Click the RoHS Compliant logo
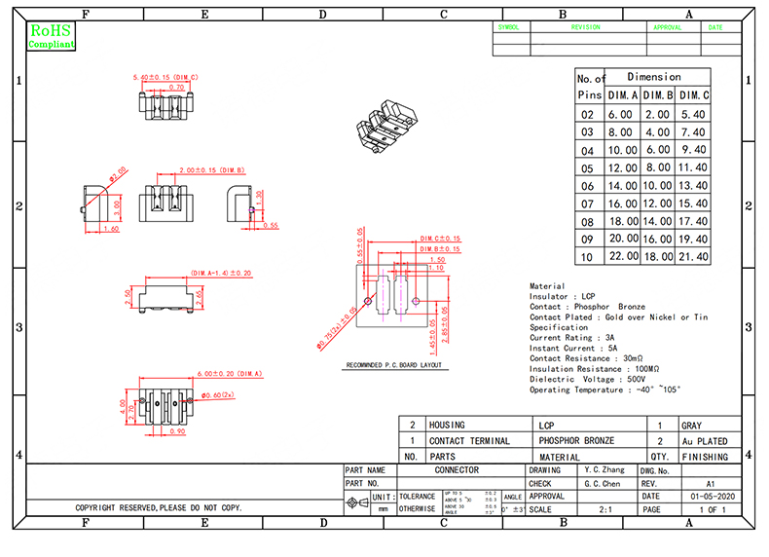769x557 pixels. (x=51, y=37)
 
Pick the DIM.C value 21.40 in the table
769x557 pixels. (x=694, y=256)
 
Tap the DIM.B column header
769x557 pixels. (x=658, y=95)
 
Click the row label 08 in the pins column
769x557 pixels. (x=587, y=221)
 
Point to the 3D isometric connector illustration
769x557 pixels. (x=381, y=125)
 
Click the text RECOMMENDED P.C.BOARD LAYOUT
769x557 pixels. (x=394, y=366)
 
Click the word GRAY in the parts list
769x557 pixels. (x=691, y=426)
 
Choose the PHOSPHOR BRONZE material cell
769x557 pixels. (x=576, y=441)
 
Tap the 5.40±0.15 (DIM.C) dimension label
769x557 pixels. (x=165, y=77)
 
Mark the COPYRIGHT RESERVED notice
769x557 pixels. (x=159, y=508)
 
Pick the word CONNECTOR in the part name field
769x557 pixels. (x=456, y=470)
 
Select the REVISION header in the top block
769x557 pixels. (x=585, y=28)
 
